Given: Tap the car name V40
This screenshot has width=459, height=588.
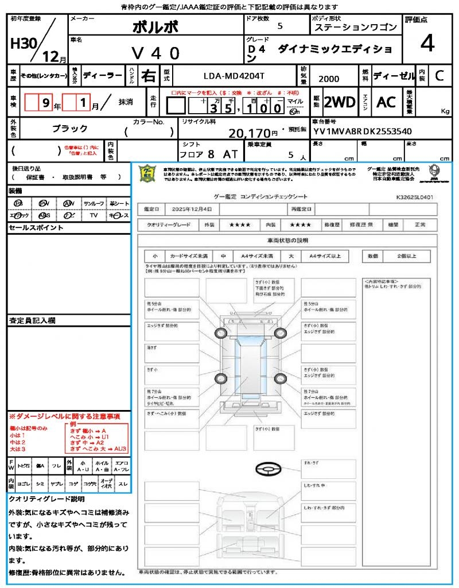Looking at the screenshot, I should click(155, 53).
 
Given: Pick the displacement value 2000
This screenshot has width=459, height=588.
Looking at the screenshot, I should click(329, 79).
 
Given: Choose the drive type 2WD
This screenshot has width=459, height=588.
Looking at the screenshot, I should click(340, 102).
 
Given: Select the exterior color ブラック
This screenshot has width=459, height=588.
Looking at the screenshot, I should click(70, 129).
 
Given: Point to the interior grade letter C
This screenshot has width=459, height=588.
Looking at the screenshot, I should click(439, 75).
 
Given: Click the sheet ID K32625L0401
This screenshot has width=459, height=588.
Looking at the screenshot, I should click(414, 197).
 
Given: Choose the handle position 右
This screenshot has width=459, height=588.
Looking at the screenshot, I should click(149, 75).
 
